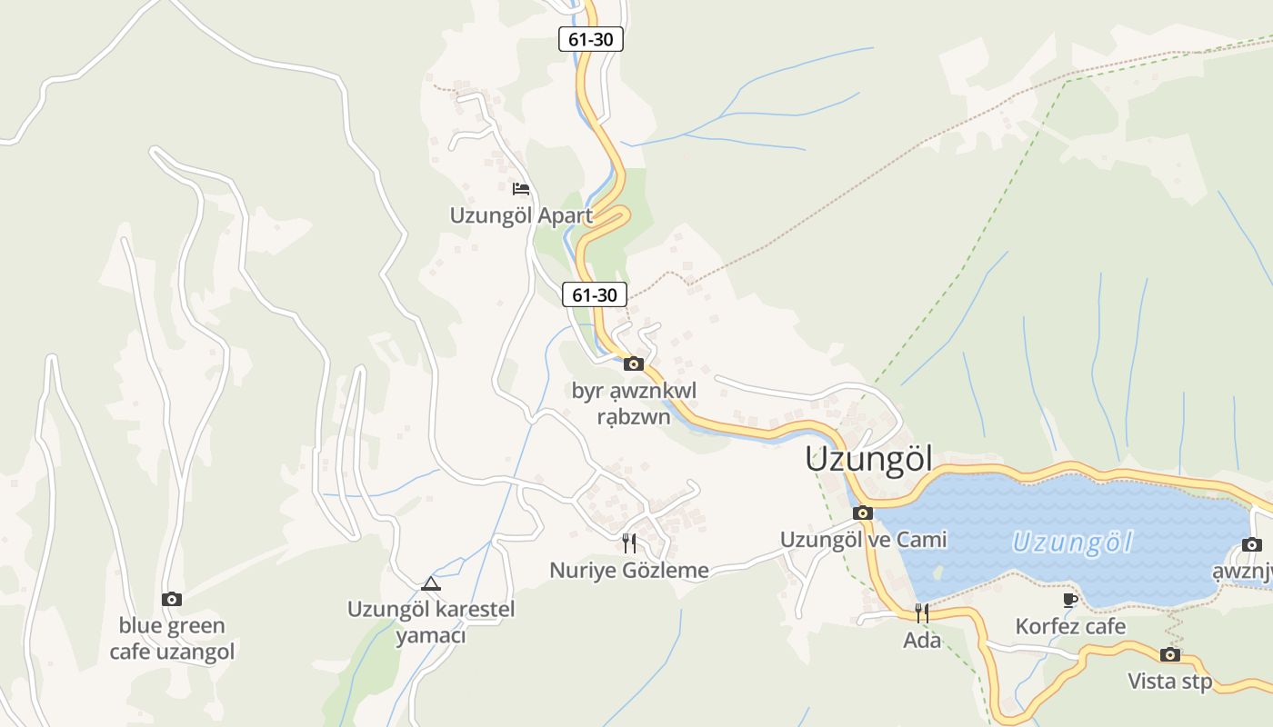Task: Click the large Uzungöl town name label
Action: tap(868, 459)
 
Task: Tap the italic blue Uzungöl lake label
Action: tap(1073, 543)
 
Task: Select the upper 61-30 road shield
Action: tap(590, 39)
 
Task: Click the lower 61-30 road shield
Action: tap(594, 294)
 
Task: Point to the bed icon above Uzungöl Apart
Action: tap(521, 189)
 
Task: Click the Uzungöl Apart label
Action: tap(521, 215)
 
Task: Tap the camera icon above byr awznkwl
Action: tap(634, 364)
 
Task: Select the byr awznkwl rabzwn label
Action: tap(634, 403)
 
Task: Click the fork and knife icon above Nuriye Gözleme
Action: tap(628, 543)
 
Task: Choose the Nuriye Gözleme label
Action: tap(628, 570)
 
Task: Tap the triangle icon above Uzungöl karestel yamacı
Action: tap(431, 583)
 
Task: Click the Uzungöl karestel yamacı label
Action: tap(431, 622)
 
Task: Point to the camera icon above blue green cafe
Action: tap(172, 599)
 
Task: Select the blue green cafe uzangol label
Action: tap(172, 639)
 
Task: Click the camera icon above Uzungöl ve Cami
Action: tap(863, 513)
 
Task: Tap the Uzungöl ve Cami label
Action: tap(863, 540)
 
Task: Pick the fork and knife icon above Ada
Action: tap(922, 612)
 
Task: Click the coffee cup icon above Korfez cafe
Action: tap(1070, 600)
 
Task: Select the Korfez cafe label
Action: tap(1070, 626)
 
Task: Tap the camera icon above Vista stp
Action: tap(1170, 654)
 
